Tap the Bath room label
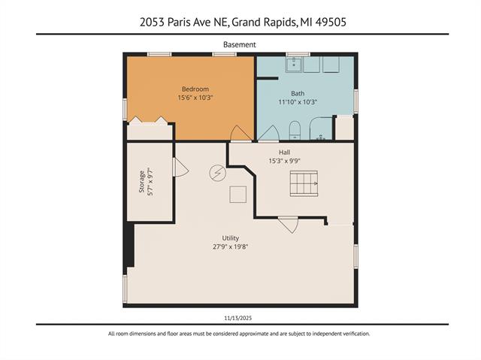click(x=298, y=93)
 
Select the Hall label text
click(x=285, y=152)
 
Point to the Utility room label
click(x=230, y=237)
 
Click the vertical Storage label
click(x=141, y=183)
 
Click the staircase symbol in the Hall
click(x=304, y=183)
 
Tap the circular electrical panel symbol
click(x=216, y=173)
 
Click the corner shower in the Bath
click(x=321, y=129)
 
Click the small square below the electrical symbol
click(x=238, y=195)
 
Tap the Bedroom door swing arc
click(x=240, y=134)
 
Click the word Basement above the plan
click(x=240, y=44)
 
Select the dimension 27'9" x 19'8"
click(x=230, y=246)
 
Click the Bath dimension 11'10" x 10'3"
click(x=298, y=102)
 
